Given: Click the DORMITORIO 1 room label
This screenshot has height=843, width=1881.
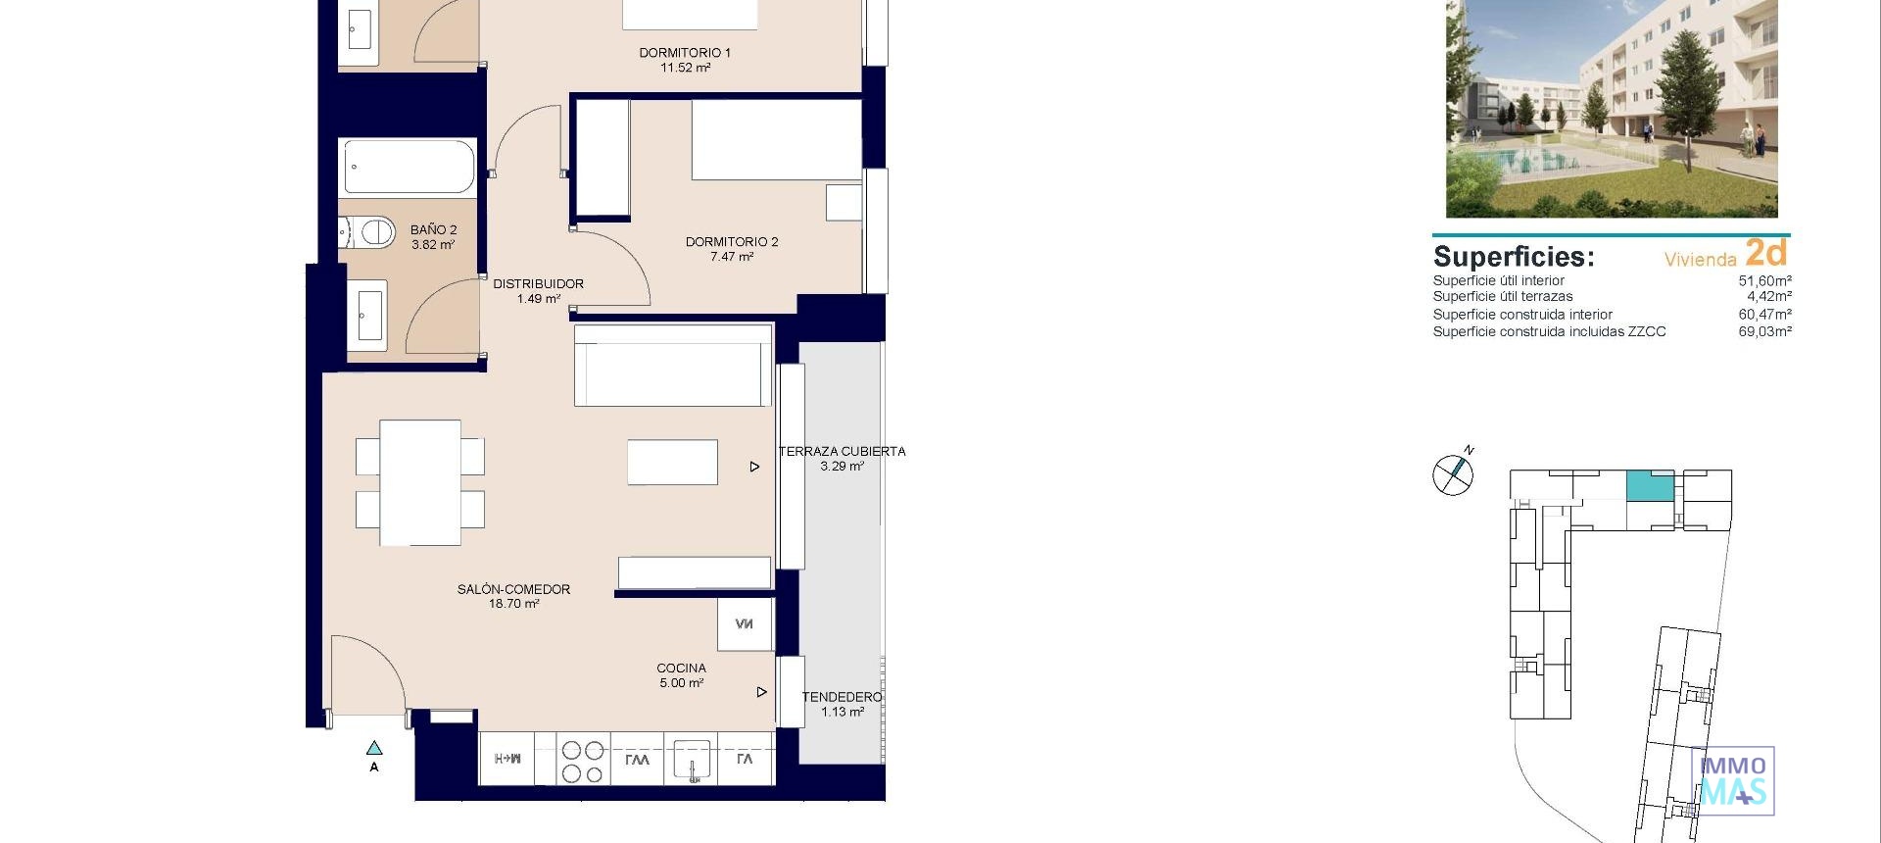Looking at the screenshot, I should (685, 53).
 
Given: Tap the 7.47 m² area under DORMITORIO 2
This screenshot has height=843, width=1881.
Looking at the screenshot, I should (732, 257).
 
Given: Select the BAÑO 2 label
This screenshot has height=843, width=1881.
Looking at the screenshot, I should (433, 229).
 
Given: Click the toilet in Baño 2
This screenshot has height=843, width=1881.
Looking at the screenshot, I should (371, 232).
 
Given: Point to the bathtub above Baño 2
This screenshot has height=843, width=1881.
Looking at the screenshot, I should (409, 167).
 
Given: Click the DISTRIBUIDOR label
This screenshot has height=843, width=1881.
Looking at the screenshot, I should (538, 284).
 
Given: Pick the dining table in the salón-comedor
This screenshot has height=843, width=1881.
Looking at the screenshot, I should (419, 482).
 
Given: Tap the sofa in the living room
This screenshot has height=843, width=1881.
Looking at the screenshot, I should (672, 366).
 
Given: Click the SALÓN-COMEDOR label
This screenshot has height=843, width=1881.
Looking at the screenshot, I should (513, 589).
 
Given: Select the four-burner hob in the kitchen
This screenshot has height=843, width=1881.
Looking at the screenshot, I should (582, 762).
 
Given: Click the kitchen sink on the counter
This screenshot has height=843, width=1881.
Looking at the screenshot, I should (692, 761).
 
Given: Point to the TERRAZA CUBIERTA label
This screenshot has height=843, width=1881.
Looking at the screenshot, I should (842, 452).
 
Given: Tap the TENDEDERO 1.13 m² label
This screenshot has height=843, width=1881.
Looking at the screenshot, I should (842, 704).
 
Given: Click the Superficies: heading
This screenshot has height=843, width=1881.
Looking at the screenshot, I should (1514, 257).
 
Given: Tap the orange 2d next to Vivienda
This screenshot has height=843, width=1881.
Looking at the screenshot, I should (1766, 253).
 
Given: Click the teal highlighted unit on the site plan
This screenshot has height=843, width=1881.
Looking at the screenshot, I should (1650, 485).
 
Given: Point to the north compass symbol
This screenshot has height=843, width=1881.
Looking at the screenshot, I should (1453, 474).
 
